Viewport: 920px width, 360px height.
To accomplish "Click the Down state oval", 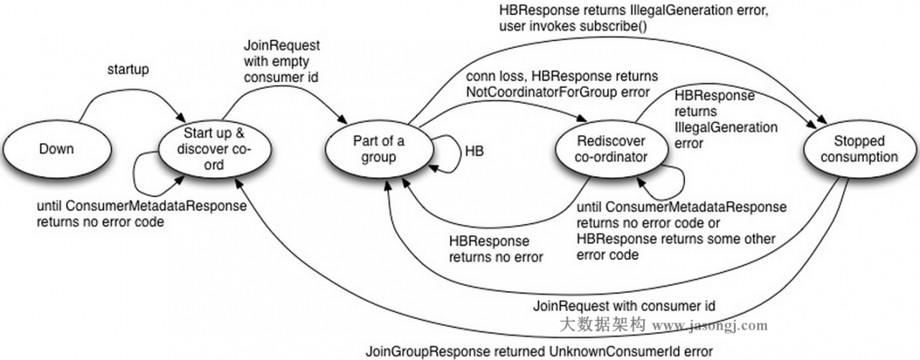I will click(x=56, y=148).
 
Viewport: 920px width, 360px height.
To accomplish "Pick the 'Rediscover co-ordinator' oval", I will click(x=610, y=148).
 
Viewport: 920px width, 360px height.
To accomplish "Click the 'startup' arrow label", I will click(x=129, y=69).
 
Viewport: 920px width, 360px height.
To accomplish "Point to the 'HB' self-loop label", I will click(x=474, y=151).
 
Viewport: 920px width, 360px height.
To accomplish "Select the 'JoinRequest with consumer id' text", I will click(x=624, y=305).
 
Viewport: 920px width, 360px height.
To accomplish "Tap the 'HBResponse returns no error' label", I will click(x=496, y=248).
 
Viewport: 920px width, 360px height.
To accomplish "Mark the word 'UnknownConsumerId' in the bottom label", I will click(x=617, y=351).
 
